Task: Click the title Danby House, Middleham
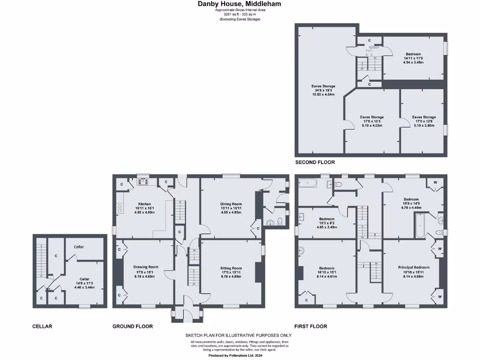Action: tap(240, 4)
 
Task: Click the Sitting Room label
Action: tap(231, 269)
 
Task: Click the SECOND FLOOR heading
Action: tap(315, 162)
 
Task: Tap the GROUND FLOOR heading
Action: tap(133, 326)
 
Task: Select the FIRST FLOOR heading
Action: tap(310, 326)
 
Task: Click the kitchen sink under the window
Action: tap(143, 180)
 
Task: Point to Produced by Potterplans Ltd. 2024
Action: tap(240, 355)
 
